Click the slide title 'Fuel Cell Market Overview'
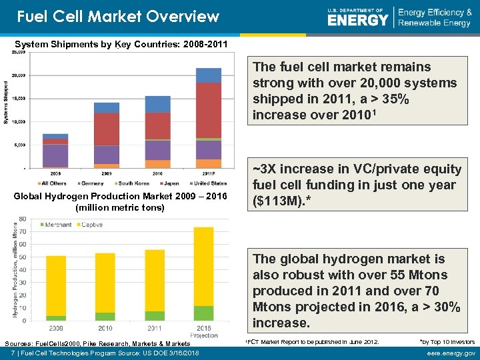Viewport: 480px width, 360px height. (117, 16)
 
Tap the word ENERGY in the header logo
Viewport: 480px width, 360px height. (357, 20)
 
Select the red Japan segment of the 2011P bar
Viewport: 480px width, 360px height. (209, 110)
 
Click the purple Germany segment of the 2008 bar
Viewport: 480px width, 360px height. (55, 155)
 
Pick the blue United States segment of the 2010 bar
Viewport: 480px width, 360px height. (158, 103)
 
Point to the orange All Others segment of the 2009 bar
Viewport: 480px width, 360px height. (107, 165)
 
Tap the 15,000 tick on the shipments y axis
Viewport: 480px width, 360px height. (18, 99)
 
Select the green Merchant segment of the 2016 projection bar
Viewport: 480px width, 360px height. (203, 313)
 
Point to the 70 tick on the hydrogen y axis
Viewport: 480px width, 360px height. (23, 231)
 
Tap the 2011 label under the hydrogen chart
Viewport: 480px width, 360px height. (155, 328)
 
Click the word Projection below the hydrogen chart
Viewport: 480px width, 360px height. (203, 335)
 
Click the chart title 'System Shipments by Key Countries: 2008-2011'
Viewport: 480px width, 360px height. (121, 44)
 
